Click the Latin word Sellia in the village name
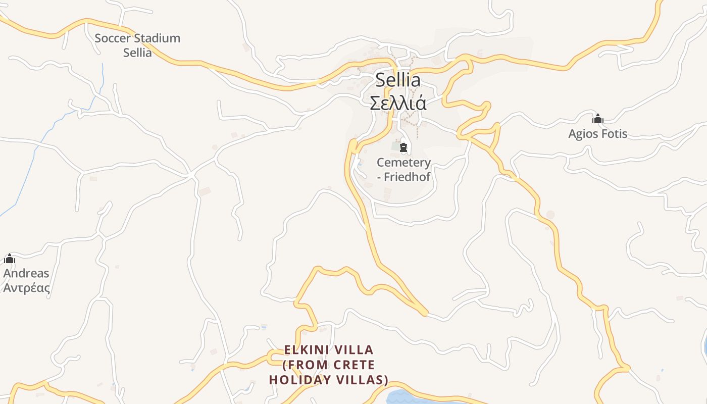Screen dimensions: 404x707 397,80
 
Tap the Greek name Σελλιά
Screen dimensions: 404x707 398,103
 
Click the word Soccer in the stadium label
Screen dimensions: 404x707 113,38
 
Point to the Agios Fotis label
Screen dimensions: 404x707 597,134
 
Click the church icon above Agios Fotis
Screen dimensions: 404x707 598,119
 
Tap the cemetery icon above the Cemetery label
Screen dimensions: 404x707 403,147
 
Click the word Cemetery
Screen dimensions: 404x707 403,163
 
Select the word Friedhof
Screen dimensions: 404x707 407,177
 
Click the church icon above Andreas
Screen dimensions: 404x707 10,259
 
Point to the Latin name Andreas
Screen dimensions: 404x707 26,273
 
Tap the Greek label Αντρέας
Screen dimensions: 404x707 26,288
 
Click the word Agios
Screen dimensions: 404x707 583,134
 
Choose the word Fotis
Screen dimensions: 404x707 614,134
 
